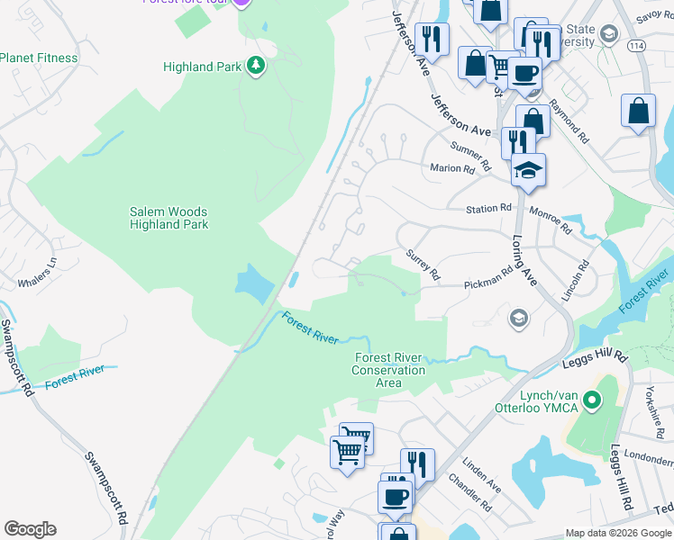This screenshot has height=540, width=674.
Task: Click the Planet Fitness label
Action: pyautogui.click(x=51, y=58)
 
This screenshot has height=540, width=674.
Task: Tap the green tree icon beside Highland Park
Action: pyautogui.click(x=257, y=67)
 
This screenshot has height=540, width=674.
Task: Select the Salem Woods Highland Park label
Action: pyautogui.click(x=169, y=218)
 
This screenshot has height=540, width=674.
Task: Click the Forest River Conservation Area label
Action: pyautogui.click(x=388, y=370)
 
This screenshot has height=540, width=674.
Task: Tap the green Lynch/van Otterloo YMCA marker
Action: pyautogui.click(x=591, y=399)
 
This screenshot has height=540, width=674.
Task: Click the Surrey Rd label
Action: pyautogui.click(x=422, y=264)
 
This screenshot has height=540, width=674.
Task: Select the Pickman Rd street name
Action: pyautogui.click(x=487, y=283)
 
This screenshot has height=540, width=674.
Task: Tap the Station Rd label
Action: pyautogui.click(x=488, y=209)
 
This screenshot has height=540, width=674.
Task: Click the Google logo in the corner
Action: pyautogui.click(x=30, y=529)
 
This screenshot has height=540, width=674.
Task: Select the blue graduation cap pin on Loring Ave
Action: pyautogui.click(x=528, y=169)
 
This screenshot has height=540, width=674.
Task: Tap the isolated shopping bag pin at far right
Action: pyautogui.click(x=638, y=112)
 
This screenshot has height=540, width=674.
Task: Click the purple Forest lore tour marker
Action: pyautogui.click(x=241, y=3)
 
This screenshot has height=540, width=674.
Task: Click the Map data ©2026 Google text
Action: pyautogui.click(x=617, y=533)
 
